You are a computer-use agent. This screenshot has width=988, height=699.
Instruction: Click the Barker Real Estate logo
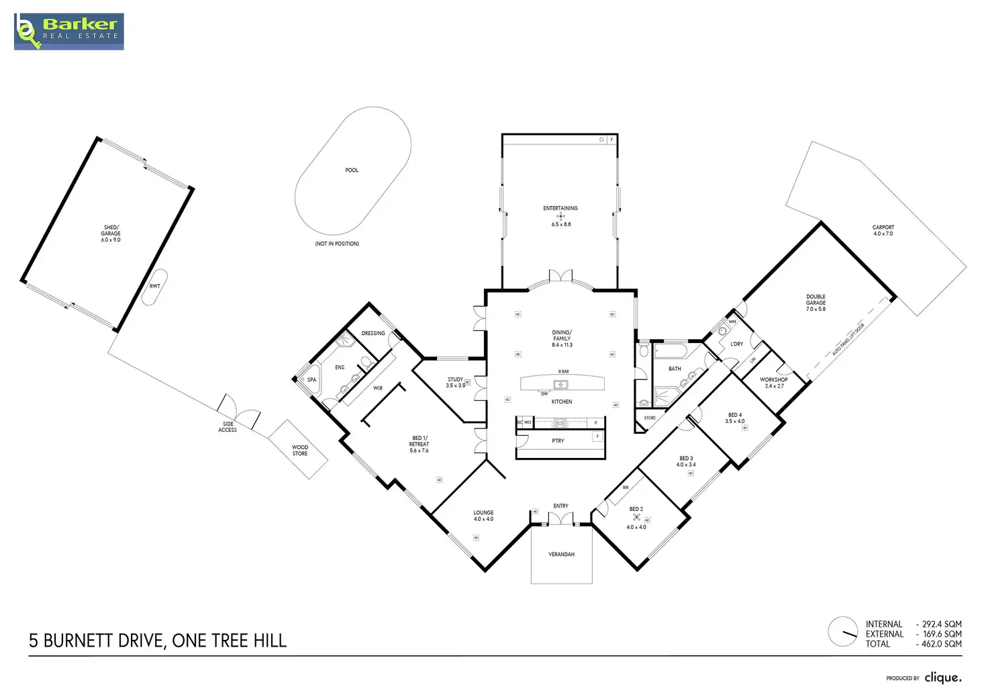[68, 31]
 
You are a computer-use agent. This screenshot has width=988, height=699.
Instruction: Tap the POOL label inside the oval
[352, 171]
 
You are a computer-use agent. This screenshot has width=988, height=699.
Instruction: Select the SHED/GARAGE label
[111, 234]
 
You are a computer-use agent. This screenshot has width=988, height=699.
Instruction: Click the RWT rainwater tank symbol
[155, 287]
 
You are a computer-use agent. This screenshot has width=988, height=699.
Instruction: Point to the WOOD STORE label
[300, 451]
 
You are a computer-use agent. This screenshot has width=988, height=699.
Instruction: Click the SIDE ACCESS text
[228, 427]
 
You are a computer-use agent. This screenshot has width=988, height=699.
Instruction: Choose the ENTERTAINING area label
[560, 208]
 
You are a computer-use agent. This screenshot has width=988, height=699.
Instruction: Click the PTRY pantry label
[558, 441]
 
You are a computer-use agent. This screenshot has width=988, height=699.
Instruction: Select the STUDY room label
[455, 380]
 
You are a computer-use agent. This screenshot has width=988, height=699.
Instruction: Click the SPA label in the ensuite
[311, 380]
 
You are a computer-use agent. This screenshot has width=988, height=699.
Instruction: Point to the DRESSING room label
[373, 333]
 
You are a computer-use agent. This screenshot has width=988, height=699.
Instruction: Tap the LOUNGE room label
[483, 513]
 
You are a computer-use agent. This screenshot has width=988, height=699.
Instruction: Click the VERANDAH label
[561, 555]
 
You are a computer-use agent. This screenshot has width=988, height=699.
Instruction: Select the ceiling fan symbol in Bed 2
[636, 518]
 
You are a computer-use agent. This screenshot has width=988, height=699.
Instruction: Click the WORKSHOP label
[773, 380]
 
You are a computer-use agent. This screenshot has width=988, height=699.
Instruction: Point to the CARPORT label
[883, 228]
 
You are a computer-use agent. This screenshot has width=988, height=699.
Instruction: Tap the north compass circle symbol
[842, 632]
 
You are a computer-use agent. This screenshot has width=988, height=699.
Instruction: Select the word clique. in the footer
[942, 678]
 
